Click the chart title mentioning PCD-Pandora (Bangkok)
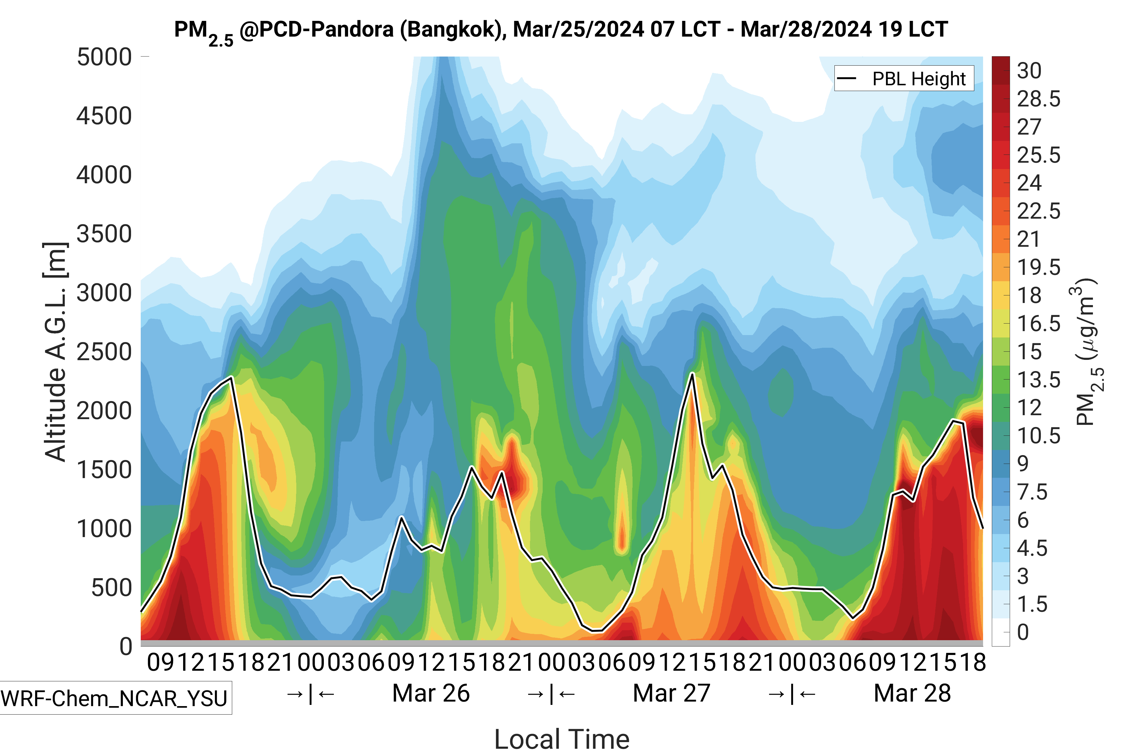pos(561,30)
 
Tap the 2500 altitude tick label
pos(104,352)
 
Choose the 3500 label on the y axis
pos(104,234)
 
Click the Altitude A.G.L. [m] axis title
pos(55,352)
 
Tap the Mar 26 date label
pos(431,693)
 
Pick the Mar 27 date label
pos(671,693)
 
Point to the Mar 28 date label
pos(912,693)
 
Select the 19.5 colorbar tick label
pos(1038,267)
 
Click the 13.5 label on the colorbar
pos(1038,380)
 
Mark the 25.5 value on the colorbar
pos(1038,155)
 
